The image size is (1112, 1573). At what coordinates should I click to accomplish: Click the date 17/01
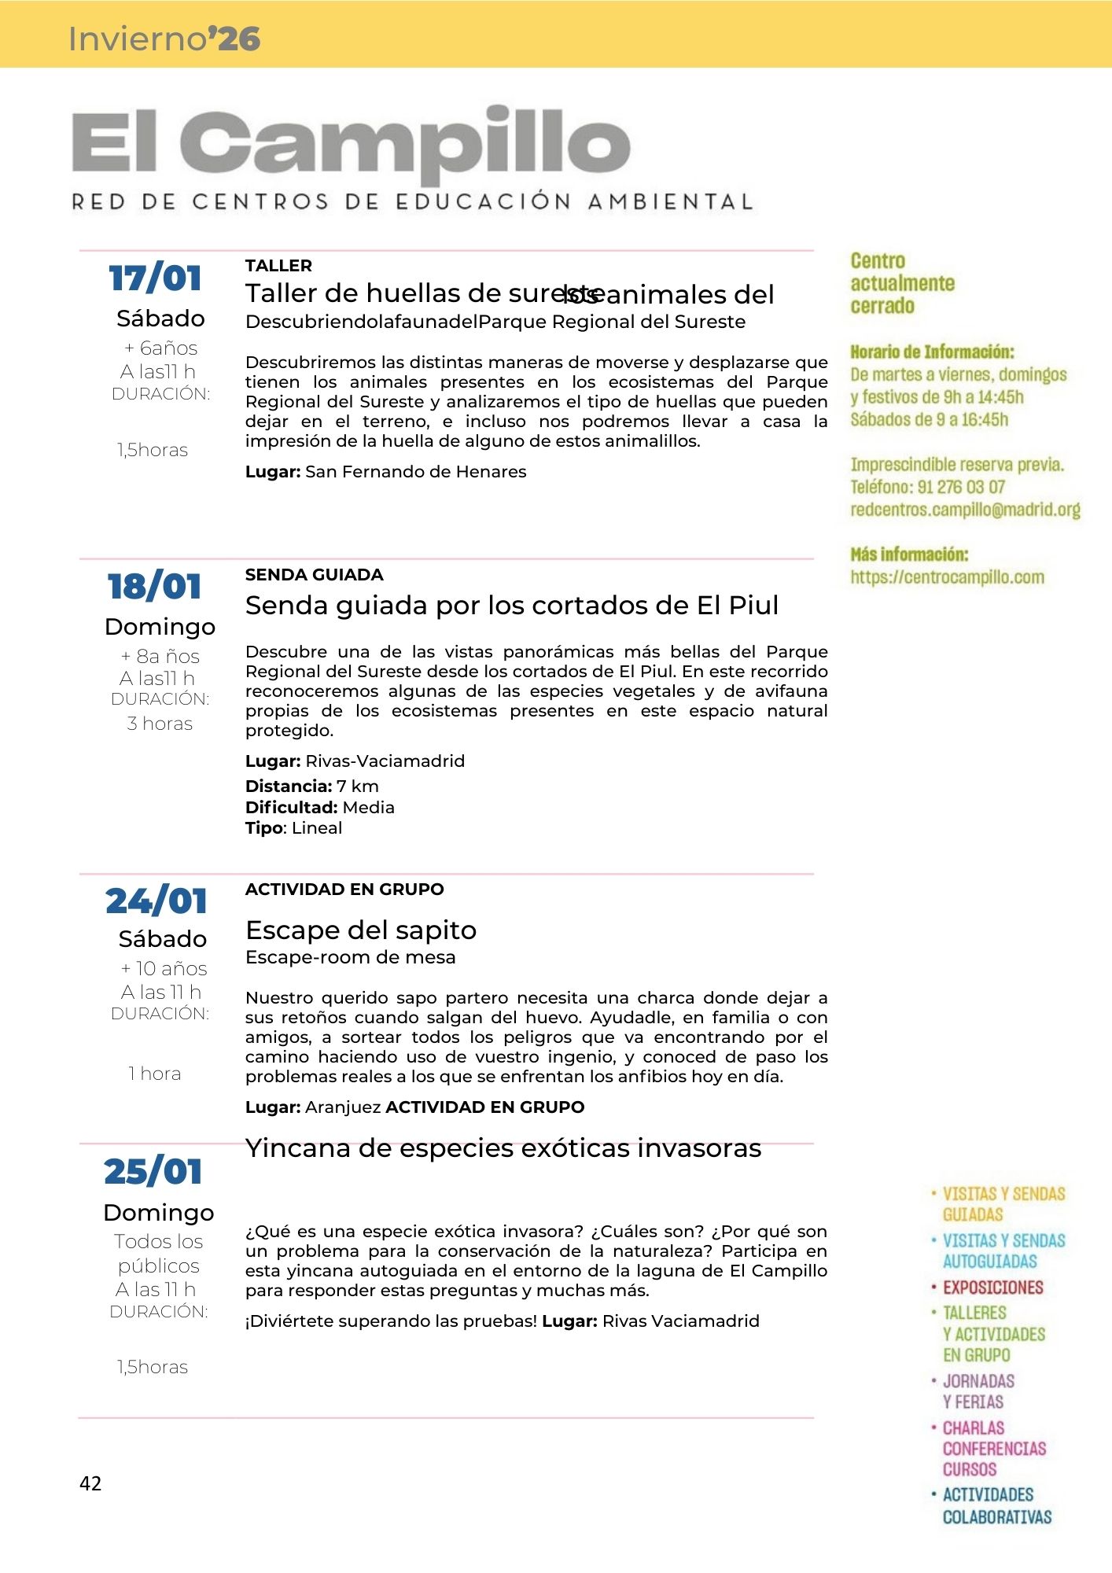click(155, 278)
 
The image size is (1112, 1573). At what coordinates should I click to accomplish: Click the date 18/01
click(155, 587)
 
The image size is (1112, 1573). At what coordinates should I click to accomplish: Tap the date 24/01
click(156, 901)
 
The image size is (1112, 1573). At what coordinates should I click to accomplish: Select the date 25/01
click(153, 1172)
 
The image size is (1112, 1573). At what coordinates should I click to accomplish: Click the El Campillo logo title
click(351, 144)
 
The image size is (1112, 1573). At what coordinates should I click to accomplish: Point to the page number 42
click(90, 1483)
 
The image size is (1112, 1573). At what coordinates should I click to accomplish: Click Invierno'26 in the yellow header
click(164, 39)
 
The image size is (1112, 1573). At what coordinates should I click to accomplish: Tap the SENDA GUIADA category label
click(314, 575)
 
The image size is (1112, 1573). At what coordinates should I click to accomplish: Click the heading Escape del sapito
click(361, 930)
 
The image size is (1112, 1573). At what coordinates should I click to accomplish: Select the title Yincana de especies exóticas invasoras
click(503, 1148)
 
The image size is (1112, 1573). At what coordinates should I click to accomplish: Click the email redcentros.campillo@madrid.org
click(965, 510)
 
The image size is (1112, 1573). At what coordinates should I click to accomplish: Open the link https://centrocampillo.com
click(947, 577)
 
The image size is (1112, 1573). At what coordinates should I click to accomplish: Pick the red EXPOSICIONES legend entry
click(992, 1288)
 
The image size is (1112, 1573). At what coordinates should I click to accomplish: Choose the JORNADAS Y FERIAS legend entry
click(978, 1391)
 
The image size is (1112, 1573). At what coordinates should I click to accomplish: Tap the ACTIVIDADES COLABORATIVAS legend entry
click(996, 1505)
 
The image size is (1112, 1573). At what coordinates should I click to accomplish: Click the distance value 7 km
click(358, 786)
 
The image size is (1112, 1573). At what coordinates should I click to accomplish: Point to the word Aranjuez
click(343, 1107)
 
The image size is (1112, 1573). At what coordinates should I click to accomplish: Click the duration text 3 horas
click(160, 724)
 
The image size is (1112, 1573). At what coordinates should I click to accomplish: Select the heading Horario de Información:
click(932, 352)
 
